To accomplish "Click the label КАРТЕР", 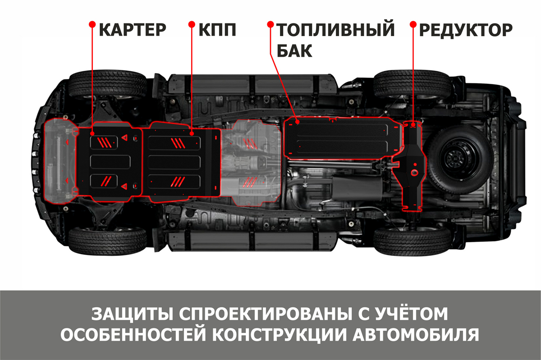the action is [133, 30].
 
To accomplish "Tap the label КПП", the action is [217, 30].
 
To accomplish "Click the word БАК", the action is [294, 51].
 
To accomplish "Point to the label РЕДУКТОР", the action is [466, 30].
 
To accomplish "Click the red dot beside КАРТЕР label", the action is [92, 24].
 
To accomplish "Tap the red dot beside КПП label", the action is [192, 24].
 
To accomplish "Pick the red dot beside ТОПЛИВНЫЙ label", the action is [270, 24].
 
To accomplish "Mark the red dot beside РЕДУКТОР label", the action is [413, 24].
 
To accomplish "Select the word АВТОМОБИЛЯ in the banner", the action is [416, 334].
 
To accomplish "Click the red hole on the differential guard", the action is [414, 173].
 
